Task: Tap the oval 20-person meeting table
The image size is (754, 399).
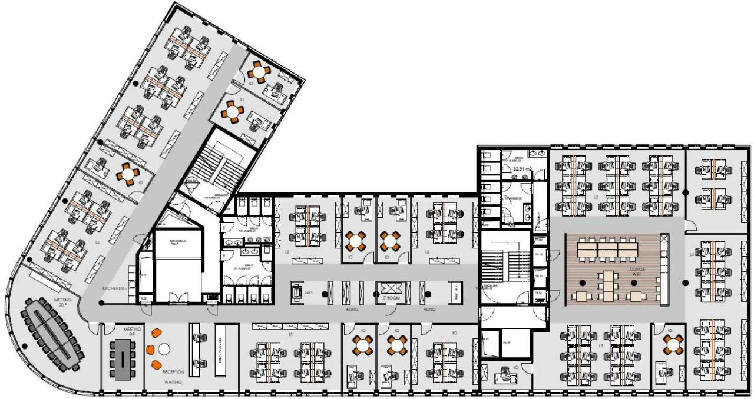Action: point(54,334)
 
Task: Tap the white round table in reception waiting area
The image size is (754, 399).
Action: point(164,349)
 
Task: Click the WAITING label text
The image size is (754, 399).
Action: point(173,382)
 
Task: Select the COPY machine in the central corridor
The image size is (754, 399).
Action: point(299,292)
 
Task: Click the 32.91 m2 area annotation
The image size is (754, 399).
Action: point(522,169)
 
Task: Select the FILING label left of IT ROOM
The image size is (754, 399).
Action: point(353,308)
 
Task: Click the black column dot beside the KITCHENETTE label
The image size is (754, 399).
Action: point(101,303)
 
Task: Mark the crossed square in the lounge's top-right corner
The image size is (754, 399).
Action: point(664,238)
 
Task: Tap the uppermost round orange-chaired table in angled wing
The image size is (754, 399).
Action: point(259,71)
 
